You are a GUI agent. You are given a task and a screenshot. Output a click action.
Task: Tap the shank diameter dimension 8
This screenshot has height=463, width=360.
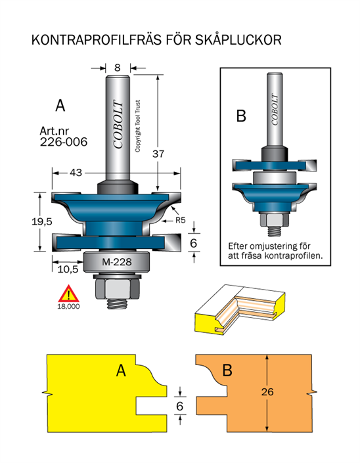[x=118, y=68]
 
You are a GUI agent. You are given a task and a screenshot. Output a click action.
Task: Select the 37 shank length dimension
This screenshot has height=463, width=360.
[x=158, y=154]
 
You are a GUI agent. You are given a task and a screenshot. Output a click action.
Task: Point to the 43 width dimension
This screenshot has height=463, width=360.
[x=76, y=173]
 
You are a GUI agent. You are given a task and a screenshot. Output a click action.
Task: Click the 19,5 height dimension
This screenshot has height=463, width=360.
[x=41, y=221]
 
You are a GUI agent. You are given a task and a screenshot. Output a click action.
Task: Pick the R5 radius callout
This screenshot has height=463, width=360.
[x=181, y=220]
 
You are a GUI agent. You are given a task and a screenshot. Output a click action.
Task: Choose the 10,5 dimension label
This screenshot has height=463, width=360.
[x=68, y=269]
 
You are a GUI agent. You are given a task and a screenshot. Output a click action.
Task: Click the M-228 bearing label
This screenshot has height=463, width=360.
[x=117, y=262]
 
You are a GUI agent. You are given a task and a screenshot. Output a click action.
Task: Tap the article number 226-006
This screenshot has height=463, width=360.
[x=64, y=142]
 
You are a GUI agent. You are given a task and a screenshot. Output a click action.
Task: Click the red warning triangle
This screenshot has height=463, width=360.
[x=68, y=294]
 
